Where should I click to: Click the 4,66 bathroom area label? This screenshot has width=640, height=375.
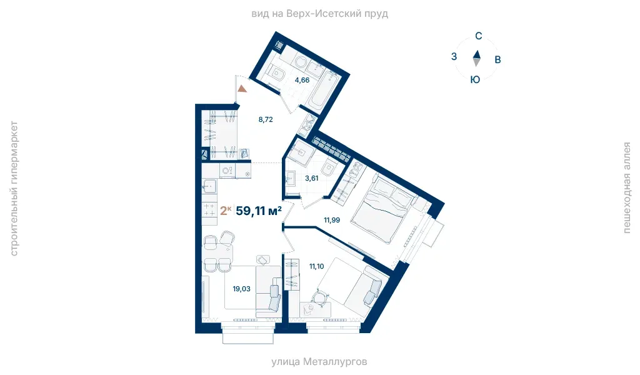[x=302, y=80]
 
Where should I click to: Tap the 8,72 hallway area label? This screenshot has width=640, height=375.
[x=265, y=119]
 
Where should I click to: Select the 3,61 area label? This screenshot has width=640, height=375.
[x=311, y=178]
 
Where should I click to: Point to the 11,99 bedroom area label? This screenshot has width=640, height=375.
[x=332, y=220]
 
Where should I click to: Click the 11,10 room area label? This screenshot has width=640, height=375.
[x=316, y=266]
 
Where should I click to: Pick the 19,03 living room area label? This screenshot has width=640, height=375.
[x=241, y=289]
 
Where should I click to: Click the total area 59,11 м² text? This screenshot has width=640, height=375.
[x=259, y=211]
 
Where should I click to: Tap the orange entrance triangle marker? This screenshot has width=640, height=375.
[x=242, y=88]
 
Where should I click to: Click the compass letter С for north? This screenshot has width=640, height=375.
[x=478, y=36]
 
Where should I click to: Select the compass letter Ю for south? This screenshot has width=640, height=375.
[x=475, y=79]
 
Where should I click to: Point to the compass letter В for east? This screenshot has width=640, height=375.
[x=497, y=59]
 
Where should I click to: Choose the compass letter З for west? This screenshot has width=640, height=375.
[x=454, y=56]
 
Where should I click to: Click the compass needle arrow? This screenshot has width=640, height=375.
[x=476, y=58]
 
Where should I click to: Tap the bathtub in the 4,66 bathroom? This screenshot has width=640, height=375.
[x=322, y=91]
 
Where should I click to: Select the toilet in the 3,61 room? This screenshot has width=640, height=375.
[x=329, y=168]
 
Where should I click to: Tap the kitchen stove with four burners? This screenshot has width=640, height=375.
[x=210, y=210]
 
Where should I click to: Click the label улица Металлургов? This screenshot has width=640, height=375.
[x=319, y=361]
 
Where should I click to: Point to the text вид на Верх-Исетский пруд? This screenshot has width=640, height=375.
[x=319, y=14]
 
